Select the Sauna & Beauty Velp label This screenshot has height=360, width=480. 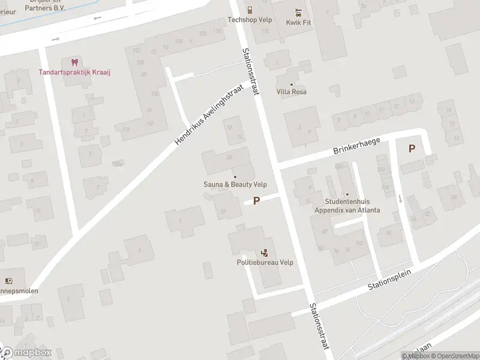235,185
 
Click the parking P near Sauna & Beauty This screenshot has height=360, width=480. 257,201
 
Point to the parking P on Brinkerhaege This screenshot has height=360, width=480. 412,148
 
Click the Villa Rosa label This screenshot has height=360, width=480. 292,92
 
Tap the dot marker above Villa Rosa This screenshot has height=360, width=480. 292,84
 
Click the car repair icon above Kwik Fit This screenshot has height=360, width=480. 298,11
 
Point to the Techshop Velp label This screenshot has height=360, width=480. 250,19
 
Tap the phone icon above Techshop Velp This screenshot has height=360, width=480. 250,10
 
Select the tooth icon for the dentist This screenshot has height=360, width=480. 75,62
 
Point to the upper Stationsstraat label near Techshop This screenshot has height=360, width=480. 252,70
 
